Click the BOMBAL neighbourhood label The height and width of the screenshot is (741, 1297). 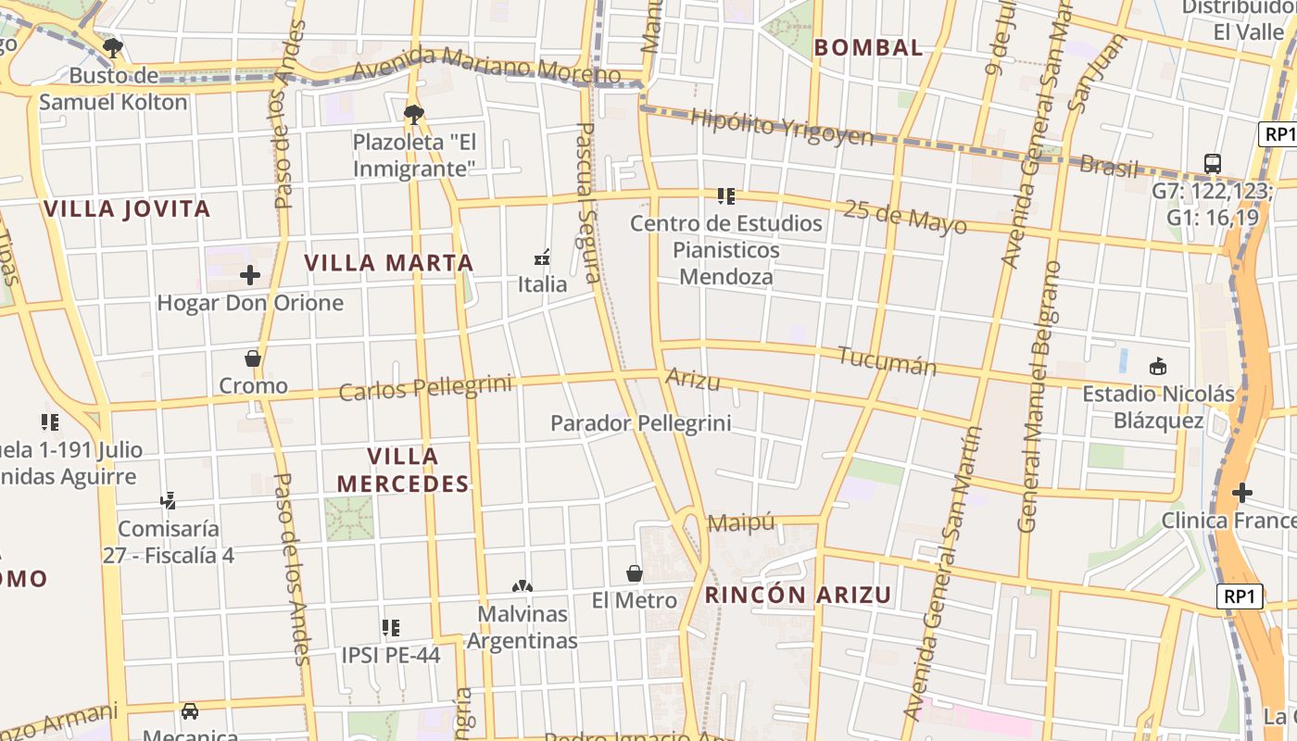click(868, 47)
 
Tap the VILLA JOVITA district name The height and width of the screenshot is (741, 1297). click(127, 208)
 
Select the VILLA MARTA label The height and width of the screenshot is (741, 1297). click(389, 263)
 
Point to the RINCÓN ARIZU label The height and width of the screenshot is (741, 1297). click(799, 595)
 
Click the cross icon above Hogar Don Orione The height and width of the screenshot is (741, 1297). click(249, 275)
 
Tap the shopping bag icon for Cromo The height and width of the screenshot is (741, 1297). click(252, 358)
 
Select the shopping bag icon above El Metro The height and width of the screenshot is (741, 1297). click(635, 573)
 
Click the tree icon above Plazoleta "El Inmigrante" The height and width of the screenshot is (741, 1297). click(413, 115)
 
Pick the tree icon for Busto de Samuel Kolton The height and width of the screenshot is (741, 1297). click(113, 47)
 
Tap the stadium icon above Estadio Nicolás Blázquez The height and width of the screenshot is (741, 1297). click(1157, 367)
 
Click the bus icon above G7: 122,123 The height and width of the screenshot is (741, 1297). click(1212, 163)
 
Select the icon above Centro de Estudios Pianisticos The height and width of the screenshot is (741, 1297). click(725, 195)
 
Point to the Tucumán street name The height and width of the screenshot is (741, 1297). click(887, 360)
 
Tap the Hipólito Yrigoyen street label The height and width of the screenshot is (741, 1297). click(782, 128)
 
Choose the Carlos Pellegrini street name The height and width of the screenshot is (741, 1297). click(425, 388)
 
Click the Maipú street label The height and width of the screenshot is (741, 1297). click(741, 523)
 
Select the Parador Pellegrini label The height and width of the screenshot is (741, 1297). click(640, 423)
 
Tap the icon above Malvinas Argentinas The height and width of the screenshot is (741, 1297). click(523, 586)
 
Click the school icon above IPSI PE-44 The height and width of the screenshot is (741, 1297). click(391, 627)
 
